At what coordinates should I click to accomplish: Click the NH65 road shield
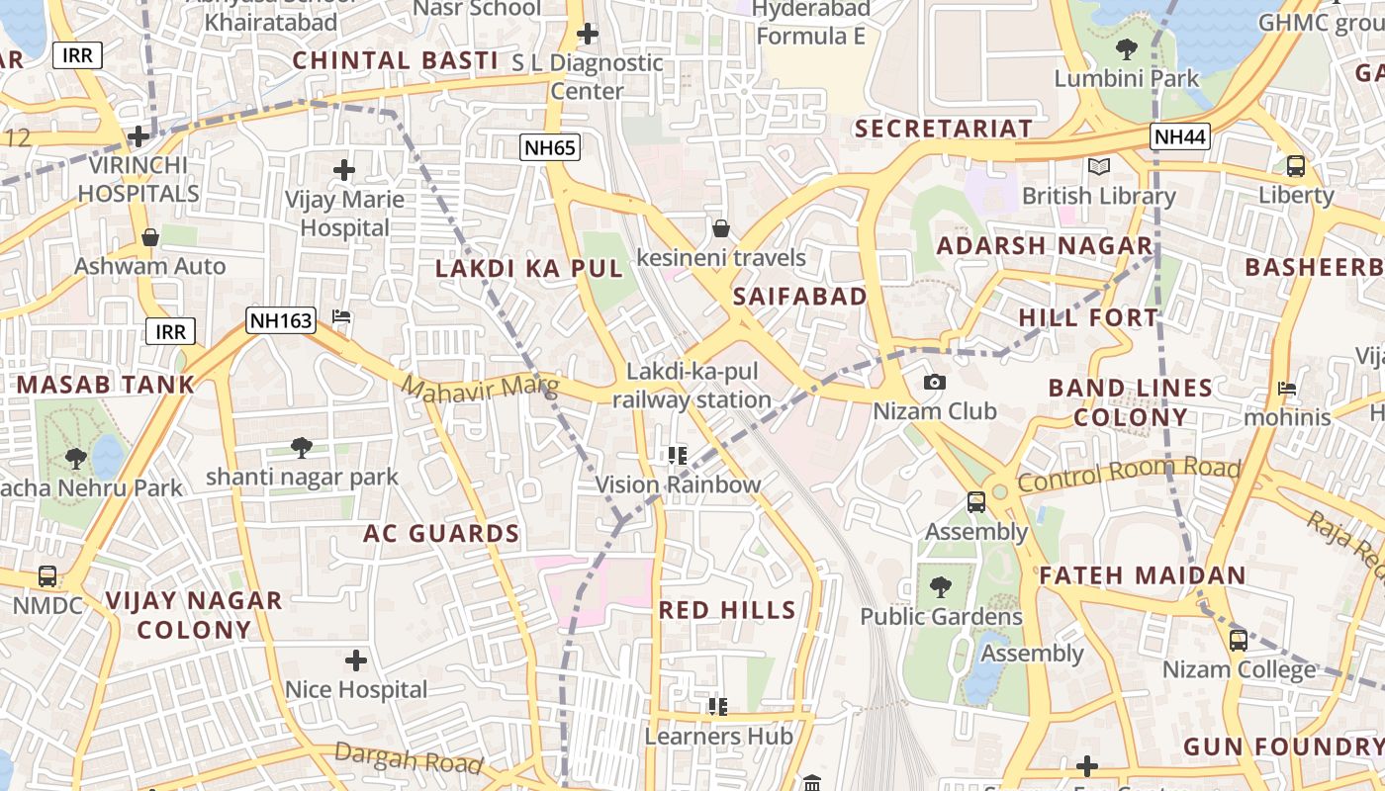[x=549, y=148]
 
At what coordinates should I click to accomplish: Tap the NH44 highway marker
[x=1180, y=136]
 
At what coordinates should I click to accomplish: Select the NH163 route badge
[x=281, y=320]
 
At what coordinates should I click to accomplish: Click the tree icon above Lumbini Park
[x=1126, y=48]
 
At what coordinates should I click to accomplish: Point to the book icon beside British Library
[x=1098, y=166]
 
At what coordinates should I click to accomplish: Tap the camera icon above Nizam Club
[x=934, y=382]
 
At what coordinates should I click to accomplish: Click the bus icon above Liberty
[x=1296, y=165]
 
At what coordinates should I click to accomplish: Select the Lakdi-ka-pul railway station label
[x=692, y=387]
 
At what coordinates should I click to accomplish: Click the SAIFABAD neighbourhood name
[x=799, y=296]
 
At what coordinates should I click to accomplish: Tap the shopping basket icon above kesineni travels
[x=720, y=228]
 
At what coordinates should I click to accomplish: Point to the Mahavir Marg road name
[x=480, y=385]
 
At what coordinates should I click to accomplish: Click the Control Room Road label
[x=1128, y=475]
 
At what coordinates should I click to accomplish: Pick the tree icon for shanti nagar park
[x=302, y=448]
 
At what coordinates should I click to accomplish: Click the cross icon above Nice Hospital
[x=356, y=659]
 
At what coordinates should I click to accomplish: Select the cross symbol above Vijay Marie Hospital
[x=344, y=170]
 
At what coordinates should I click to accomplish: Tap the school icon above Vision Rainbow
[x=678, y=455]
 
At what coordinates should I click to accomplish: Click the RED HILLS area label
[x=727, y=610]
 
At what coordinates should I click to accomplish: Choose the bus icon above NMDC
[x=46, y=575]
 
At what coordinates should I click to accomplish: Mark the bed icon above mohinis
[x=1287, y=388]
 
